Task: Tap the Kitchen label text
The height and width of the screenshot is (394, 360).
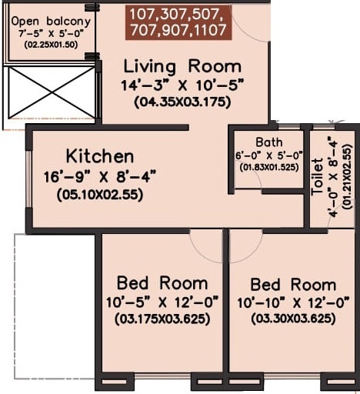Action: [99, 156]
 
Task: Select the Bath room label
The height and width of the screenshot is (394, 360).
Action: [269, 142]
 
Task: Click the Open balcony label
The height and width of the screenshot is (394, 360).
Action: [50, 21]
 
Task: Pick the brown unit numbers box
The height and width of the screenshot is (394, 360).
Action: [178, 22]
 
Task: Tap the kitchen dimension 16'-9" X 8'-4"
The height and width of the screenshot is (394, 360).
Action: [100, 177]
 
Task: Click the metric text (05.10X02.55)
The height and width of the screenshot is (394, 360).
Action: [99, 195]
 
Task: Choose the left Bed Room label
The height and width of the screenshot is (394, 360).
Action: [162, 282]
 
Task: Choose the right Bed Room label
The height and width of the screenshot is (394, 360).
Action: [292, 284]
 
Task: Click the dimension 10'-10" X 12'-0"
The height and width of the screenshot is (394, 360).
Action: [293, 301]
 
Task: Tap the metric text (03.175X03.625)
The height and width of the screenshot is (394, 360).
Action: [162, 318]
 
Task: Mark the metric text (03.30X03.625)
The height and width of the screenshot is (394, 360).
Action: [293, 318]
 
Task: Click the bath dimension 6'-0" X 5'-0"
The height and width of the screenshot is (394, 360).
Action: [269, 155]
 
